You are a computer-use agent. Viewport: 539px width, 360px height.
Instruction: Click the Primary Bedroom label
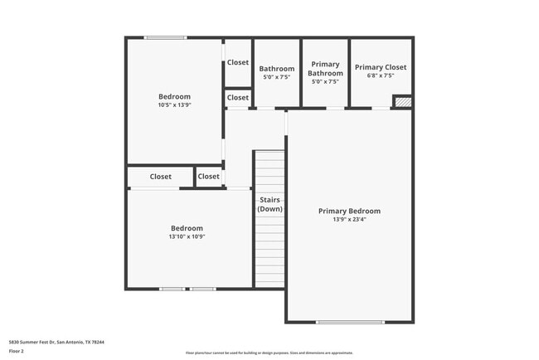pos(349,211)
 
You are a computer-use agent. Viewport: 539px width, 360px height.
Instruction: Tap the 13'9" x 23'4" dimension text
pos(349,220)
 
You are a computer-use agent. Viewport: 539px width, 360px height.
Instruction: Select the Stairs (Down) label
pos(269,205)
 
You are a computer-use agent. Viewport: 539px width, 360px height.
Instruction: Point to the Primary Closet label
pos(380,67)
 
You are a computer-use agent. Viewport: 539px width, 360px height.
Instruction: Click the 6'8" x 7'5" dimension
pos(380,76)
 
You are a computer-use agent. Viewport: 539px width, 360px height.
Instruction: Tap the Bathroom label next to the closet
pos(276,69)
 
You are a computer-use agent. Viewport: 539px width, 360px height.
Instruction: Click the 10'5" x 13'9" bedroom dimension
pos(174,105)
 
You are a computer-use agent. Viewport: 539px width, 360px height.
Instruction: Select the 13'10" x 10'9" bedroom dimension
pos(187,236)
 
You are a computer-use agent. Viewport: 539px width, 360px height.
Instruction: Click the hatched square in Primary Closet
pos(401,101)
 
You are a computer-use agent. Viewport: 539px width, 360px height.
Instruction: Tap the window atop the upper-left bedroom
pos(165,37)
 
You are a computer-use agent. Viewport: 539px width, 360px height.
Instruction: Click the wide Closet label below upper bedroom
pos(161,177)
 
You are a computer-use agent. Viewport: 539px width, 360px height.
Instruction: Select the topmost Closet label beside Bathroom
pos(238,62)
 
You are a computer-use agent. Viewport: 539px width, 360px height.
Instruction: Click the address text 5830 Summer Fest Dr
pos(56,342)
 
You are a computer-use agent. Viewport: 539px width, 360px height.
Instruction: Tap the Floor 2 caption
pos(17,351)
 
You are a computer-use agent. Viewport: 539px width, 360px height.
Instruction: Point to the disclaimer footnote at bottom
pos(269,353)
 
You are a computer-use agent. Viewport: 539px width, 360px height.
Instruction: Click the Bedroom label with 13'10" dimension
pos(187,228)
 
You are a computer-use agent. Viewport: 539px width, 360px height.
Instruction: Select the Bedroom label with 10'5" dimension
pos(174,96)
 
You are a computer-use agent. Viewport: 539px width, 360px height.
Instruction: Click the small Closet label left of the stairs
pos(209,177)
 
